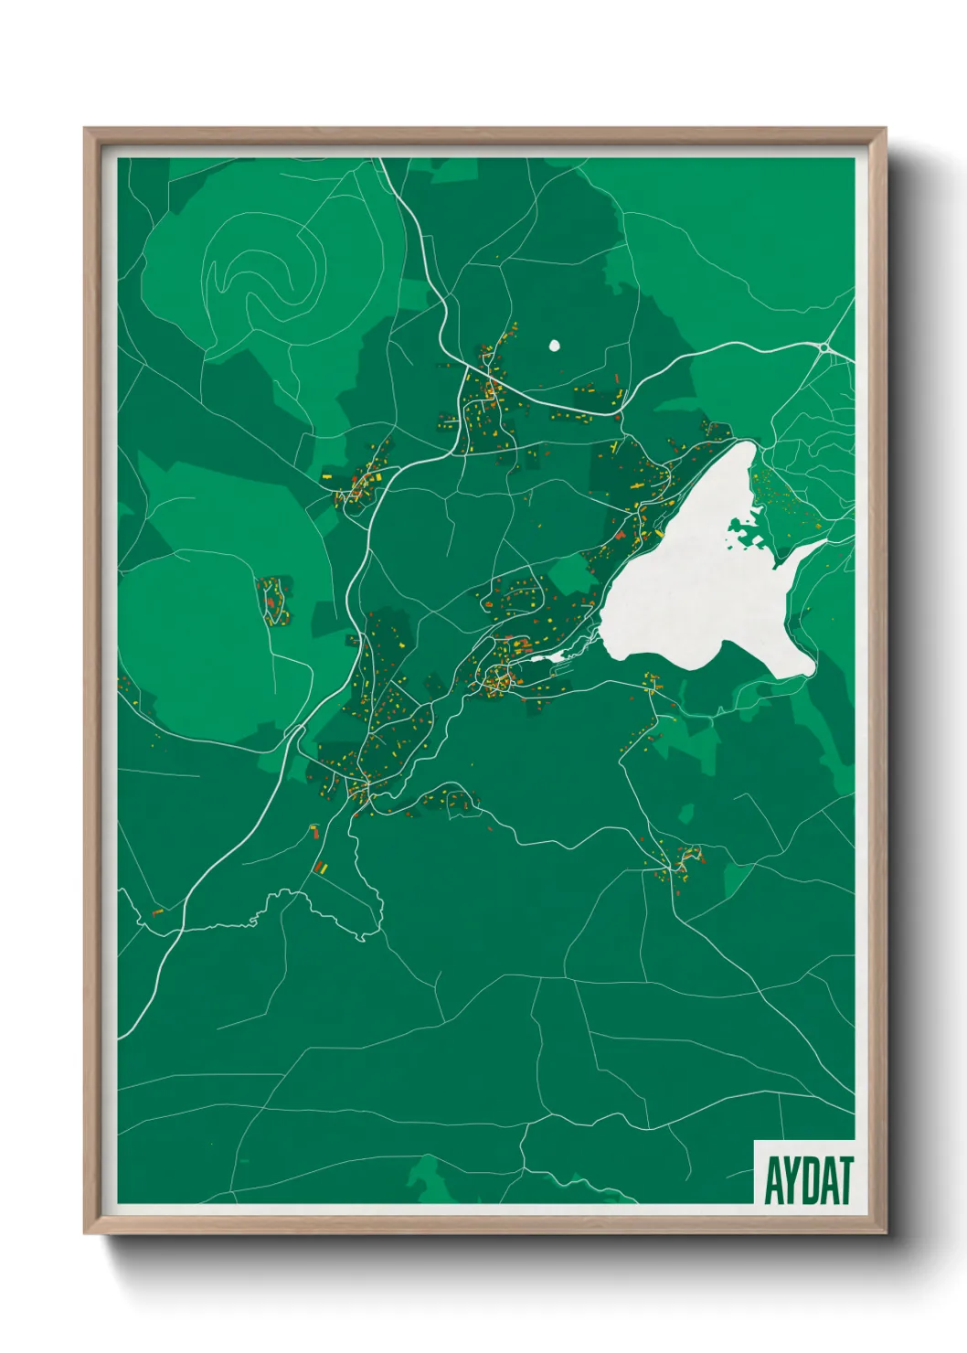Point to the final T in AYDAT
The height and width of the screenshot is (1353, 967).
(845, 1180)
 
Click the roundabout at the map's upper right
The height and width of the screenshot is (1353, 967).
(825, 347)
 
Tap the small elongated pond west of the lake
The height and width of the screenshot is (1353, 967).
(558, 655)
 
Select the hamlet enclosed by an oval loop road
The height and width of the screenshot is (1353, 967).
(273, 600)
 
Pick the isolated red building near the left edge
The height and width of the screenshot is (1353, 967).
(157, 911)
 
